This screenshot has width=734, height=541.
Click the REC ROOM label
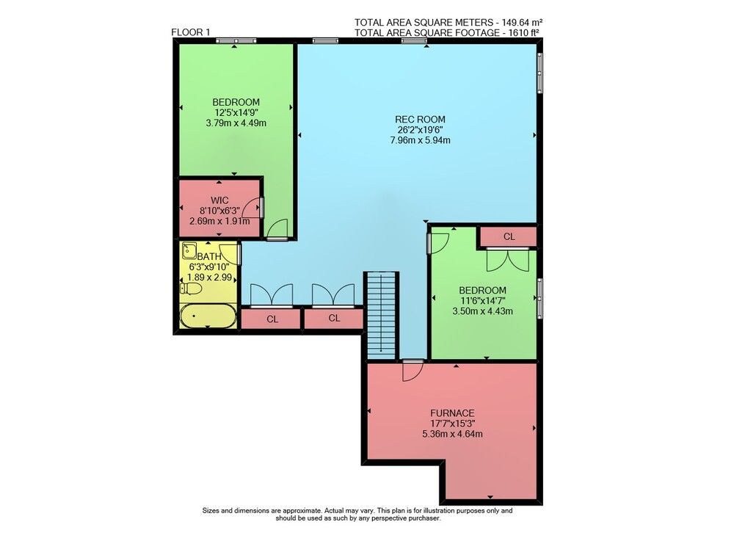click(420, 120)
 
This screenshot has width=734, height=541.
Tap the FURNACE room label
click(452, 413)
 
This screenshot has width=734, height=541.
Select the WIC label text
click(219, 201)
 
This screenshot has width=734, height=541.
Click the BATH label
click(208, 257)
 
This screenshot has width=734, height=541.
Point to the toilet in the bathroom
click(191, 288)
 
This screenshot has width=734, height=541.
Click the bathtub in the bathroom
click(208, 316)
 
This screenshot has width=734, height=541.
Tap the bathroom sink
click(189, 250)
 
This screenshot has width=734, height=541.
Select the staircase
click(382, 316)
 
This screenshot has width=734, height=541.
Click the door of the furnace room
click(413, 370)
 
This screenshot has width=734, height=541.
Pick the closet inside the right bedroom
click(509, 237)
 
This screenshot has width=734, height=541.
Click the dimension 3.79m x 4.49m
click(236, 123)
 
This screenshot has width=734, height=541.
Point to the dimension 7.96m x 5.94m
click(420, 140)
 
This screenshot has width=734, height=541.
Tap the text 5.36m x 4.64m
click(452, 434)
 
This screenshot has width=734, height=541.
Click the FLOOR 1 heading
click(191, 32)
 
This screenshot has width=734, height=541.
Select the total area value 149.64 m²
click(522, 22)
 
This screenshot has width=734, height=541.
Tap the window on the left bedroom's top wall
click(236, 40)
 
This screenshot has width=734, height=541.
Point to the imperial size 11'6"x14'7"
click(482, 300)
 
